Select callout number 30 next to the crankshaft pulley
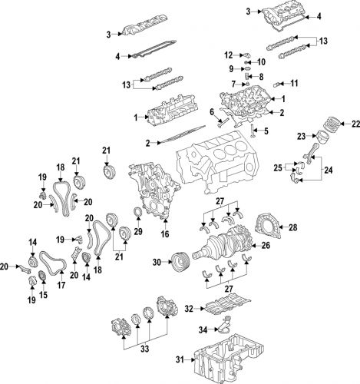(158, 263)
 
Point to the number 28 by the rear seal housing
(291, 227)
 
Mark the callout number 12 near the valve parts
(229, 55)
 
